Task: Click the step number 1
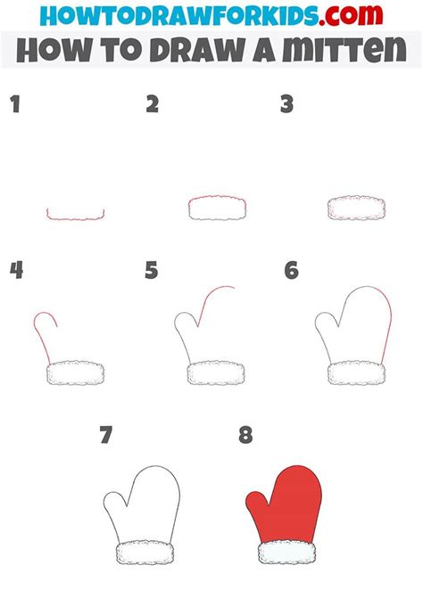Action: coord(13,105)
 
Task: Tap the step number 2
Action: coord(152,104)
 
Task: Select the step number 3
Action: coord(286,104)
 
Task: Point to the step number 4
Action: coord(15,270)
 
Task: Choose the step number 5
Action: coord(151,270)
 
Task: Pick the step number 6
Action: coord(291,270)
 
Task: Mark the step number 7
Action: coord(107,436)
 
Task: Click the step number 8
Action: coord(245,436)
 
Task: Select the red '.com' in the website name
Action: coord(351,16)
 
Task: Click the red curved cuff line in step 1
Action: coord(76,216)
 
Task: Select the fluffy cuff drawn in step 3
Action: coord(356,208)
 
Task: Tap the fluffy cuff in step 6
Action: coord(356,373)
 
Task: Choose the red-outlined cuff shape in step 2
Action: coord(217,208)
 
